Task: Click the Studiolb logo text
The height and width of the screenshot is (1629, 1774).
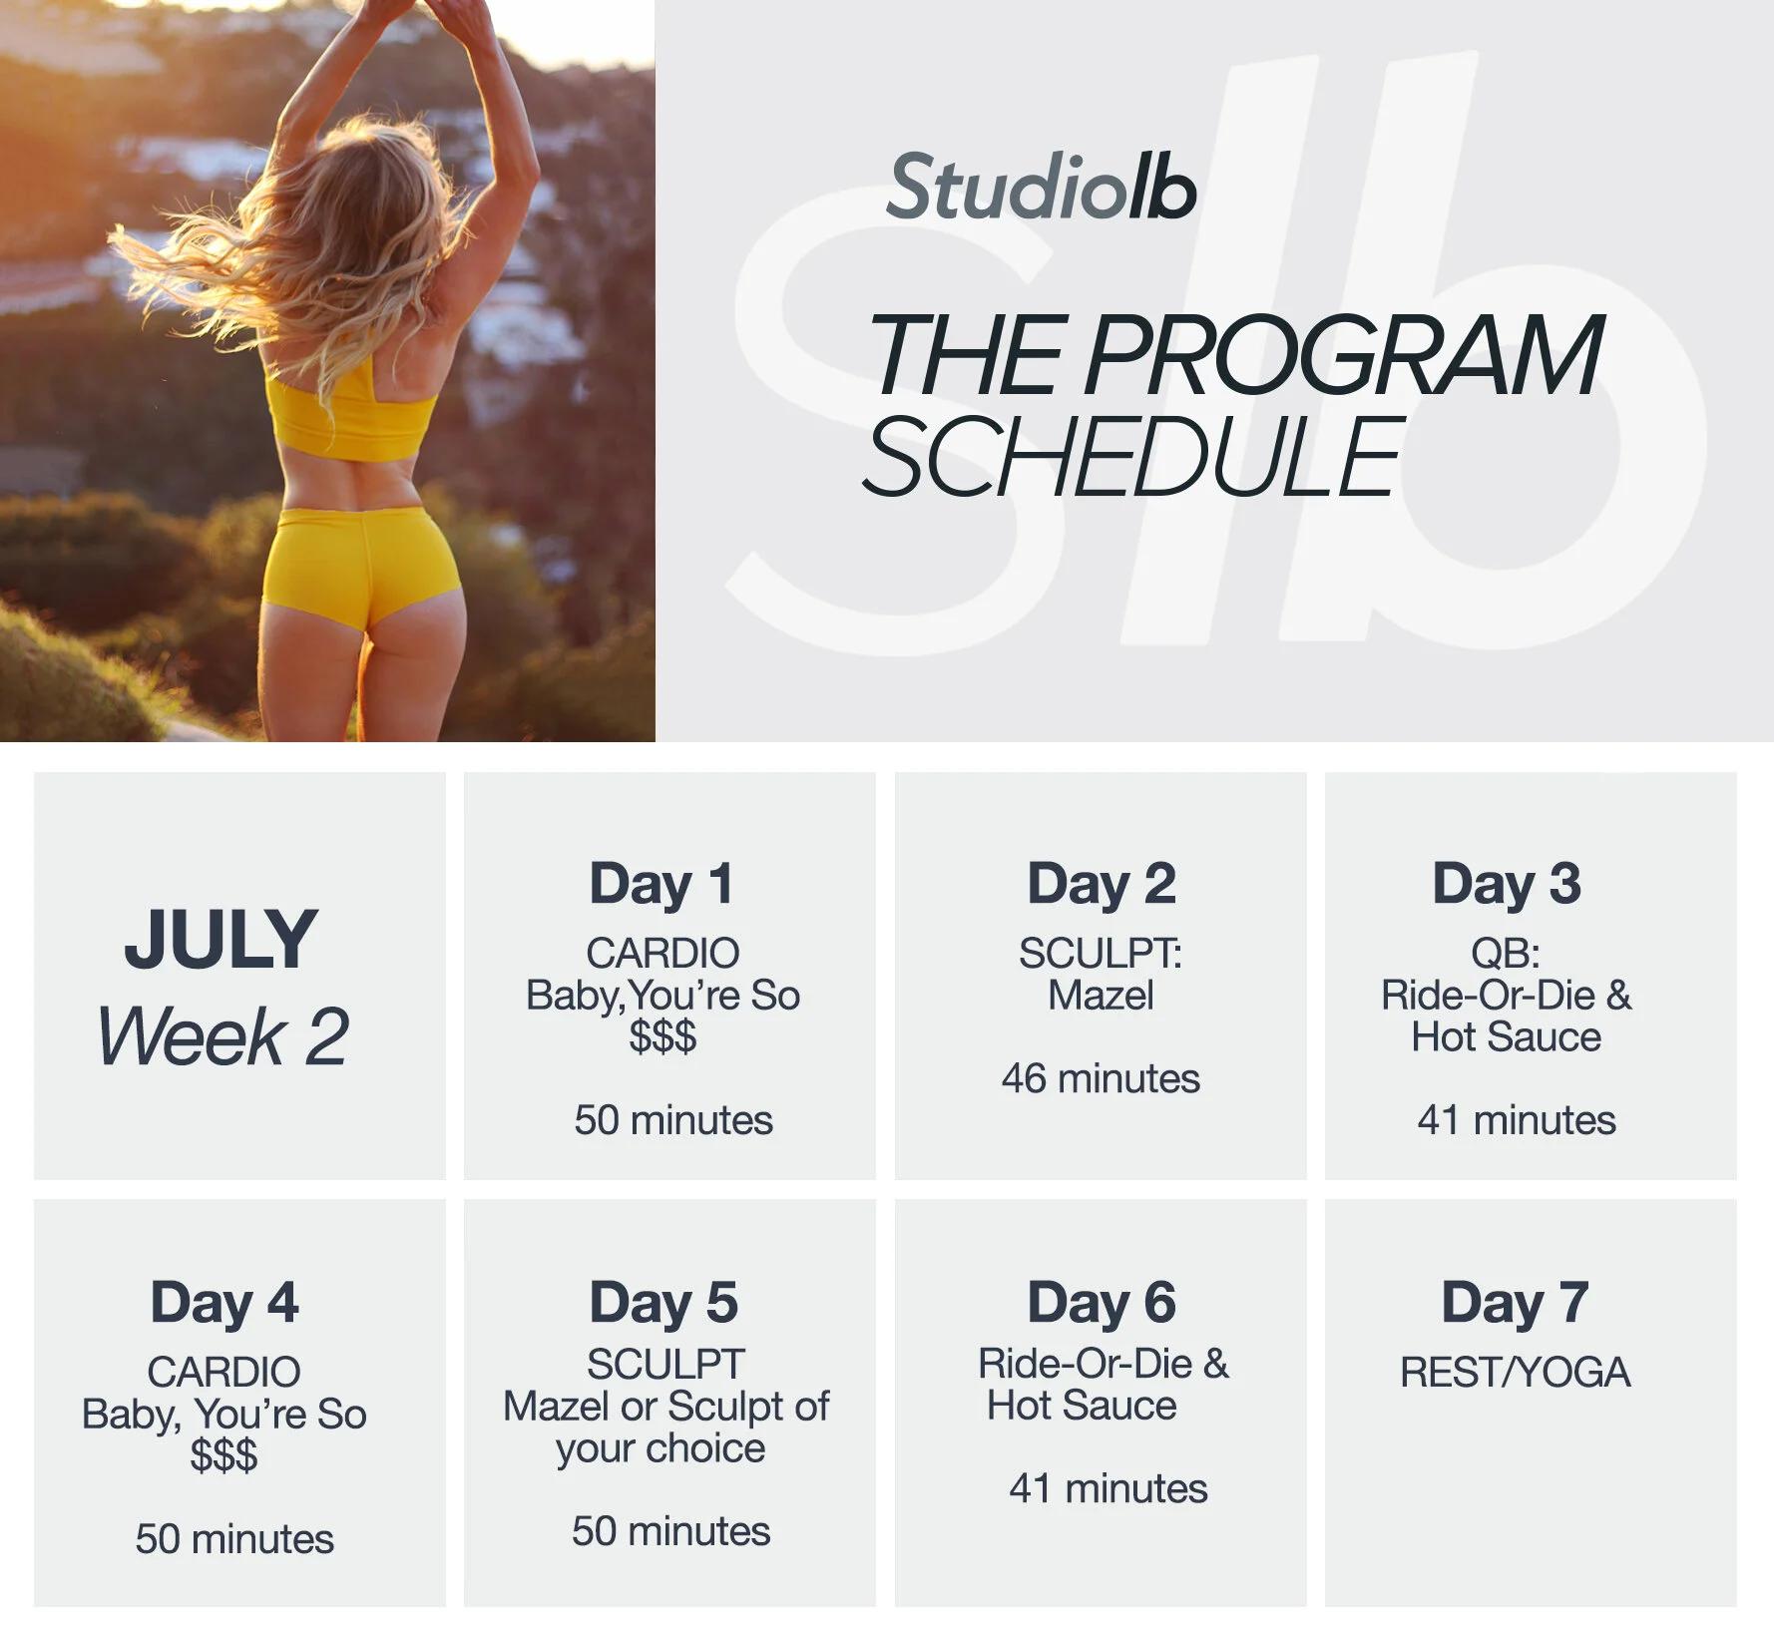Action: pos(1041,188)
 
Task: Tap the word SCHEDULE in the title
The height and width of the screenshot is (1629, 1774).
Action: pos(1133,457)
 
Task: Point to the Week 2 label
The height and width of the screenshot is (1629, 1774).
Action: pos(223,1036)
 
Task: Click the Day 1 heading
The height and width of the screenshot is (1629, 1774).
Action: pos(662,884)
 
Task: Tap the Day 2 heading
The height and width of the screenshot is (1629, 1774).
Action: pos(1102,884)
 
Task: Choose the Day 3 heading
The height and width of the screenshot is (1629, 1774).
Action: pos(1507,884)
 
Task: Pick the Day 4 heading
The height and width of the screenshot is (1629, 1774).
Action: pos(224,1303)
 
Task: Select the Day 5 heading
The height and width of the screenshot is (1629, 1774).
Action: pos(664,1303)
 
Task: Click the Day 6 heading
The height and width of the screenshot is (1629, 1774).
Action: pos(1102,1303)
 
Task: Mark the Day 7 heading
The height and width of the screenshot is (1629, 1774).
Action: pos(1515,1303)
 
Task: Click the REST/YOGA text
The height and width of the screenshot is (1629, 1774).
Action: pos(1515,1373)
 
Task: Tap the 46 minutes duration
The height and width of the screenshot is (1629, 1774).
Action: pos(1101,1078)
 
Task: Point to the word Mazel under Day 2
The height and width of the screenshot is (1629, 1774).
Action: pos(1101,996)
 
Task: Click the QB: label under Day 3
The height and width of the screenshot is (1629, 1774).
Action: pos(1506,954)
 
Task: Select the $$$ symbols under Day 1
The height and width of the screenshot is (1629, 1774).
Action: pos(663,1037)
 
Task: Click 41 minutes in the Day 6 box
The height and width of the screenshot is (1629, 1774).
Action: pos(1108,1488)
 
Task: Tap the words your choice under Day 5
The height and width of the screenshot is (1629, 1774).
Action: pos(661,1448)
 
